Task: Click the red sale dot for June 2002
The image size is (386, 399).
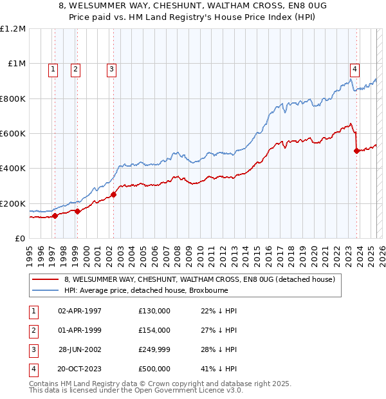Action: pyautogui.click(x=113, y=194)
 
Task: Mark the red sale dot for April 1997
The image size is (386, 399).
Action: pyautogui.click(x=55, y=216)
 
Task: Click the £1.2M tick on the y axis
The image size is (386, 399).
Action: pyautogui.click(x=13, y=29)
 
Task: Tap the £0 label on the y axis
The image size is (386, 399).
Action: pyautogui.click(x=19, y=238)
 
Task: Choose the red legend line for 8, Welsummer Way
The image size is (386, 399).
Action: pyautogui.click(x=45, y=280)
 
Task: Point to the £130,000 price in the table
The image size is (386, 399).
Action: pyautogui.click(x=154, y=311)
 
